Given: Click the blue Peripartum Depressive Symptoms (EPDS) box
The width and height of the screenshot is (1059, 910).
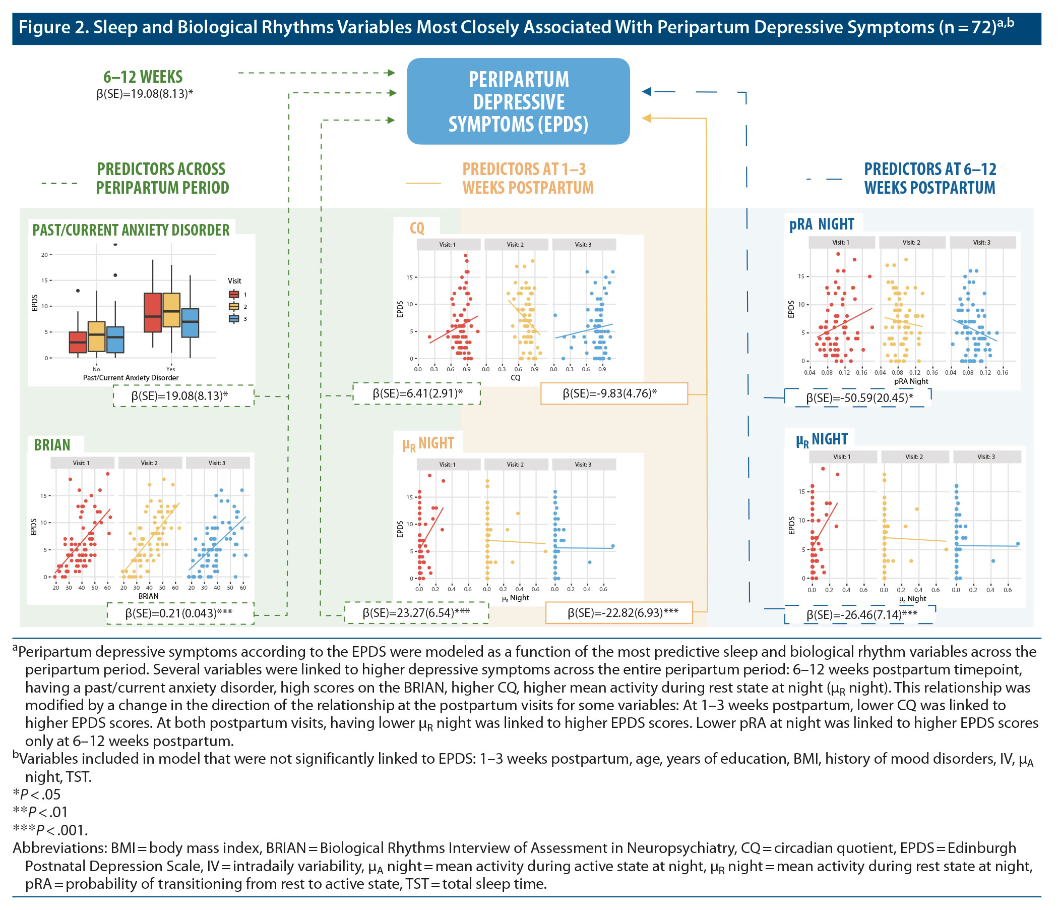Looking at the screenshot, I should tap(518, 101).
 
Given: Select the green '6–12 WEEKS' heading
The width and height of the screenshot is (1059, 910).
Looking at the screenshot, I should tap(143, 77).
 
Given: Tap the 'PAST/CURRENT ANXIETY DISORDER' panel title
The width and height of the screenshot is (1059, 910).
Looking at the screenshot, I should tap(131, 230).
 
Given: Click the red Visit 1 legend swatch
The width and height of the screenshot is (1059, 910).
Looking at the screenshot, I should tap(234, 295).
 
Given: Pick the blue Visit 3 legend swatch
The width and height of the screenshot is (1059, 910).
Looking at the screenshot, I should tap(234, 319).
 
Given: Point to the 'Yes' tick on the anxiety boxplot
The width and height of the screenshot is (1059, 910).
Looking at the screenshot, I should tap(170, 369).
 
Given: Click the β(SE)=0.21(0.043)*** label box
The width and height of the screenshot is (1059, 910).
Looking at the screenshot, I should tap(180, 613).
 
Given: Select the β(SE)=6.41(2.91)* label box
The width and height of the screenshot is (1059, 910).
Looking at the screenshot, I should tap(416, 393).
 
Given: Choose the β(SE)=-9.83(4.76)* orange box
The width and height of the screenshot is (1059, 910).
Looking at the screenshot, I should tap(613, 393).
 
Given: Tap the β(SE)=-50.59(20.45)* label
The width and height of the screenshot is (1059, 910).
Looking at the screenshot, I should tap(859, 397).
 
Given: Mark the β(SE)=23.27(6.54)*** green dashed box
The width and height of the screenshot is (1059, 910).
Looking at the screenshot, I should tap(416, 612).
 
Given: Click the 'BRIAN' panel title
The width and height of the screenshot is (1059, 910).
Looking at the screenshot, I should tap(52, 445).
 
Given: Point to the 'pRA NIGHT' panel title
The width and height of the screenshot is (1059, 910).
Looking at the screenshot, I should tap(821, 224).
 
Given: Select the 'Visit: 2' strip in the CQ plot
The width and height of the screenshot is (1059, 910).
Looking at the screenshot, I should tap(515, 245).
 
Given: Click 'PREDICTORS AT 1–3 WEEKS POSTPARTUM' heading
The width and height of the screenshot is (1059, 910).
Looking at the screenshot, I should tap(527, 179).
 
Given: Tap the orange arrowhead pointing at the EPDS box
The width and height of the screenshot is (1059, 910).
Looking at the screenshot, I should tap(647, 118).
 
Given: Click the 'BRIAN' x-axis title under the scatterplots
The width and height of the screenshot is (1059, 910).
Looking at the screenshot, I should tap(148, 596).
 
